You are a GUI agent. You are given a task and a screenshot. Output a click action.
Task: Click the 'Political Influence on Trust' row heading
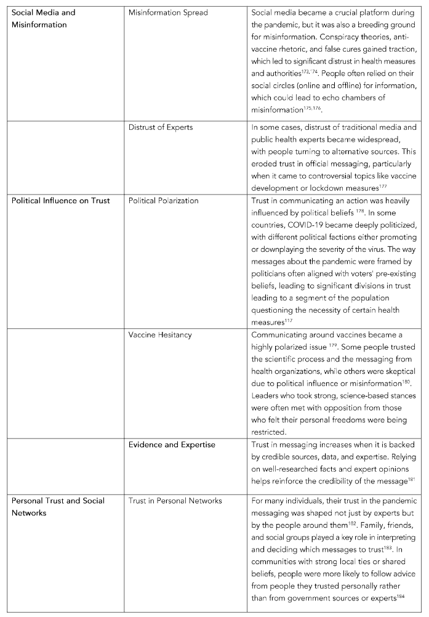point(61,201)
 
